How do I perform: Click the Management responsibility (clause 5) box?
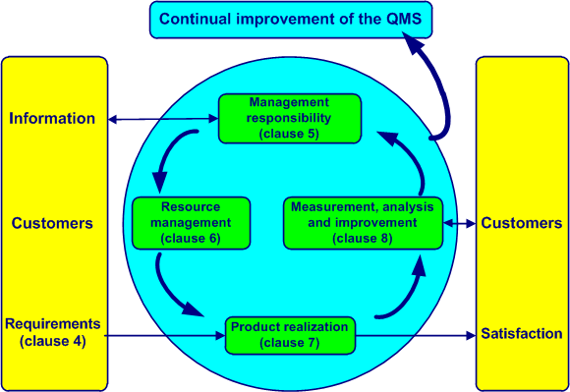[x=291, y=117]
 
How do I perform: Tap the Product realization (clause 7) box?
[x=291, y=335]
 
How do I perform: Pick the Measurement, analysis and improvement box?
[x=364, y=223]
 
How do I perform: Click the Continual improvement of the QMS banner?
[x=290, y=20]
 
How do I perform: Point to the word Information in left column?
[x=52, y=119]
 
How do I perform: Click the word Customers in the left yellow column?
[x=52, y=223]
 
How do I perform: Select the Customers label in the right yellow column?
[x=522, y=223]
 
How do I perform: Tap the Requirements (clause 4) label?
[x=52, y=331]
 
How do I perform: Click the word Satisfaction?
[x=522, y=334]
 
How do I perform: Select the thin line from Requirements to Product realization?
[x=162, y=335]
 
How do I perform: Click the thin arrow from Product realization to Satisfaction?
[x=413, y=335]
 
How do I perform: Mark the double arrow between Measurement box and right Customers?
[x=460, y=224]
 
